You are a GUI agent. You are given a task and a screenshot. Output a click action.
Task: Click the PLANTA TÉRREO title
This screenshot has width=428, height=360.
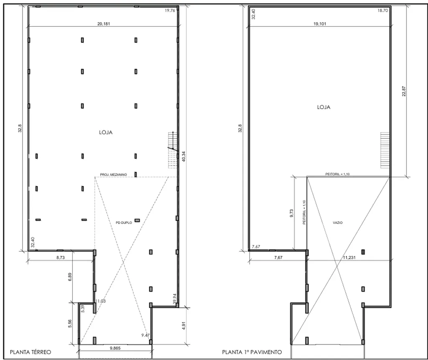click(x=30, y=352)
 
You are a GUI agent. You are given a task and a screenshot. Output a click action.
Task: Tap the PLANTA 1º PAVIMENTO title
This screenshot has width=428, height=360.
click(x=252, y=352)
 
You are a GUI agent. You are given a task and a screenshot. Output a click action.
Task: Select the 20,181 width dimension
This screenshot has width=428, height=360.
click(x=104, y=24)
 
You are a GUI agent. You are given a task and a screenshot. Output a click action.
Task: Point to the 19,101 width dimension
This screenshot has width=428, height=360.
click(x=320, y=24)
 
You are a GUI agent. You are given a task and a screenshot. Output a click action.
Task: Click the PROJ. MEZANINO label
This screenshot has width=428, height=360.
click(x=113, y=174)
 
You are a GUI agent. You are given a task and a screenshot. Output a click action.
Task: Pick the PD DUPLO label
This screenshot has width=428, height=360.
click(x=124, y=222)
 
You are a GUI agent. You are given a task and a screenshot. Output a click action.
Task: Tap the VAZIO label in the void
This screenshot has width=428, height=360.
click(x=338, y=222)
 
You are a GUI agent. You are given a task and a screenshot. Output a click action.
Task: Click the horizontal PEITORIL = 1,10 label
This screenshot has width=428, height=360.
click(x=337, y=174)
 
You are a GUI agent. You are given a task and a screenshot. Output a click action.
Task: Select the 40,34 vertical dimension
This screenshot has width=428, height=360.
click(x=184, y=156)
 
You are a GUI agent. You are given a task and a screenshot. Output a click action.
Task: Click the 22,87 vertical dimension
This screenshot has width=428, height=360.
click(x=404, y=91)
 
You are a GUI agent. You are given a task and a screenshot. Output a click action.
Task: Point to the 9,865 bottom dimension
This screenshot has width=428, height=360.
click(x=115, y=348)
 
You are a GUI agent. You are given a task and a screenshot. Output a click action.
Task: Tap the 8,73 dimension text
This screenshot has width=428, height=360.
click(x=61, y=257)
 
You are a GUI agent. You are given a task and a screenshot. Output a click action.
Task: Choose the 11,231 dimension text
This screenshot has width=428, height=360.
click(x=349, y=257)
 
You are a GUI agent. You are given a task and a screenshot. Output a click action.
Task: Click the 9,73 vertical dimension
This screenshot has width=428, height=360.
click(x=291, y=213)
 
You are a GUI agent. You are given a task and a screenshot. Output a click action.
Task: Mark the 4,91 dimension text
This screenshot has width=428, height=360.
click(x=184, y=326)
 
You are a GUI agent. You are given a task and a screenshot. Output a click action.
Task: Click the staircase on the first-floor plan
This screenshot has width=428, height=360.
click(x=385, y=150)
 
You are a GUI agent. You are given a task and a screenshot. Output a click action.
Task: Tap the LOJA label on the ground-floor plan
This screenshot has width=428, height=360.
click(x=106, y=133)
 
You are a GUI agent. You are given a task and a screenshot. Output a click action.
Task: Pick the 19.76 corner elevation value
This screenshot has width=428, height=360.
click(x=170, y=10)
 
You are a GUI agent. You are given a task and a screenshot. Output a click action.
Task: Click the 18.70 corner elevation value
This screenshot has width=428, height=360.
click(x=383, y=10)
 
